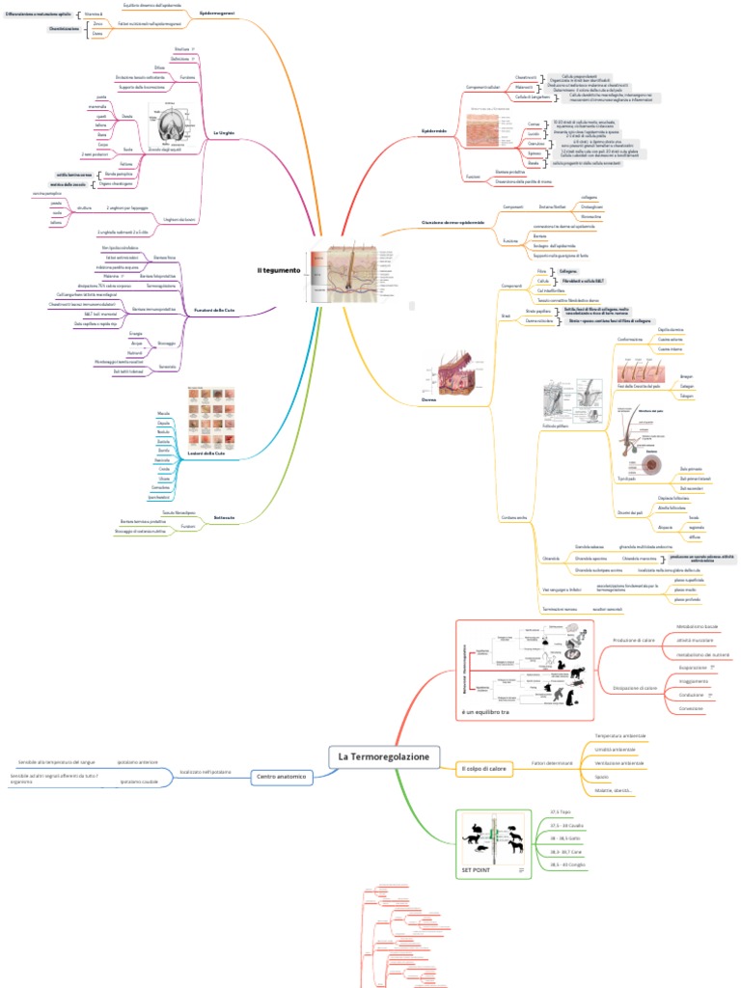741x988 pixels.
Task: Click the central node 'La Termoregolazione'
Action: pyautogui.click(x=383, y=756)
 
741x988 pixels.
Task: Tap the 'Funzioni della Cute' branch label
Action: pyautogui.click(x=215, y=309)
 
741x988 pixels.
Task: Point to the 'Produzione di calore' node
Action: pyautogui.click(x=634, y=639)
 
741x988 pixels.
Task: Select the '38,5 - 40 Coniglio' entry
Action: pyautogui.click(x=568, y=864)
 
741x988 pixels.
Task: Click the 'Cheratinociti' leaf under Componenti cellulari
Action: pyautogui.click(x=526, y=76)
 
